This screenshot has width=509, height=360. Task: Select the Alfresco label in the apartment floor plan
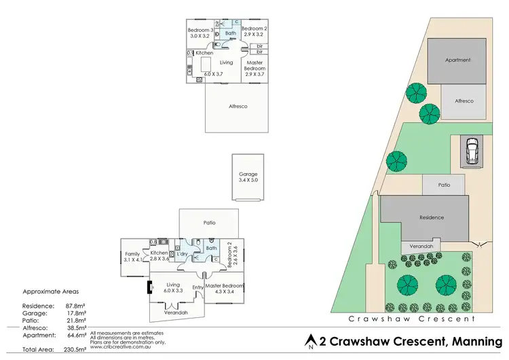(x=237, y=107)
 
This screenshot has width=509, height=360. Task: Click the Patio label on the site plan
(x=444, y=184)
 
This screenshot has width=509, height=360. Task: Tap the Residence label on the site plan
(x=431, y=217)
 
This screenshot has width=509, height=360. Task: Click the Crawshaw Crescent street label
(x=411, y=318)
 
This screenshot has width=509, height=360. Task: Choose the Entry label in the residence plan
(x=197, y=287)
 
